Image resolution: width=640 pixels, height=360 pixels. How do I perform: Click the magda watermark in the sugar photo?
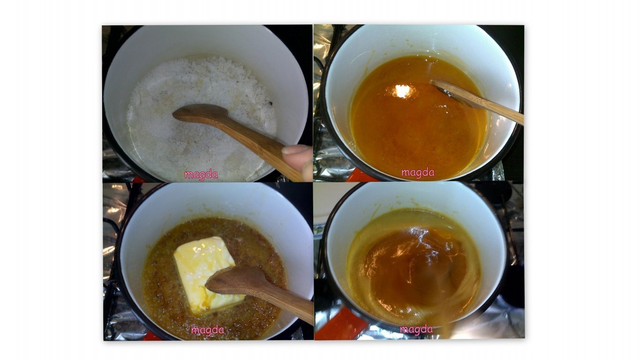pos(201,174)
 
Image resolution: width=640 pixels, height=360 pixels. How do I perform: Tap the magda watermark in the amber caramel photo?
pos(418,172)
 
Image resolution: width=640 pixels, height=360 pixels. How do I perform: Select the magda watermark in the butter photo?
pos(208,330)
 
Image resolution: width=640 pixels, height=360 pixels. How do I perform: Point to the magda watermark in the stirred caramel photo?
pos(416,330)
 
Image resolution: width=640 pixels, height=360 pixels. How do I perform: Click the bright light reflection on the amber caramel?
pos(403,91)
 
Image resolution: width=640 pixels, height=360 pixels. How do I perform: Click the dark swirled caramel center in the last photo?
pos(412,266)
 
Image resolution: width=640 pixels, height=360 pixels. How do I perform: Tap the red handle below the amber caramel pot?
pos(366,176)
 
